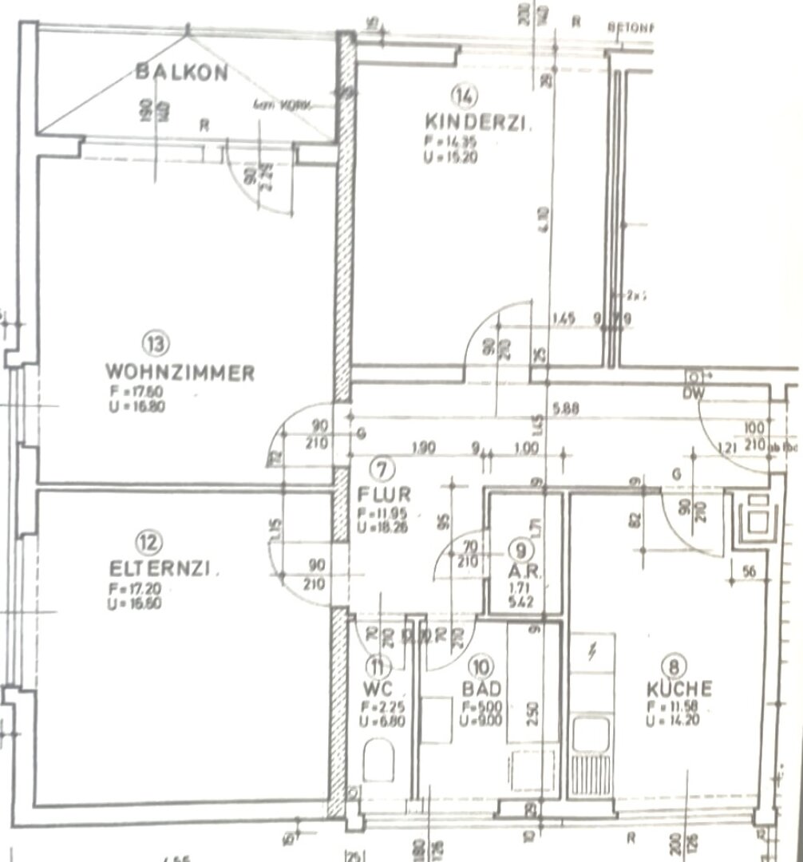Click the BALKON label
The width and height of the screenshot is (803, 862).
(182, 73)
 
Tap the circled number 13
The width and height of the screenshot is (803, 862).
(155, 344)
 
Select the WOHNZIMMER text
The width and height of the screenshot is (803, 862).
(180, 372)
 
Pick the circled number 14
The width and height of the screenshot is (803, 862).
(463, 97)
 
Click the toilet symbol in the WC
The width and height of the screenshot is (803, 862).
(378, 760)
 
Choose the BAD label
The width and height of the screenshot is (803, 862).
(481, 688)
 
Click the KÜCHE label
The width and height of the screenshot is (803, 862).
(679, 689)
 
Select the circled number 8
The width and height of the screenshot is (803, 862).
(676, 665)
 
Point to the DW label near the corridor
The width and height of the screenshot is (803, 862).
(692, 393)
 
